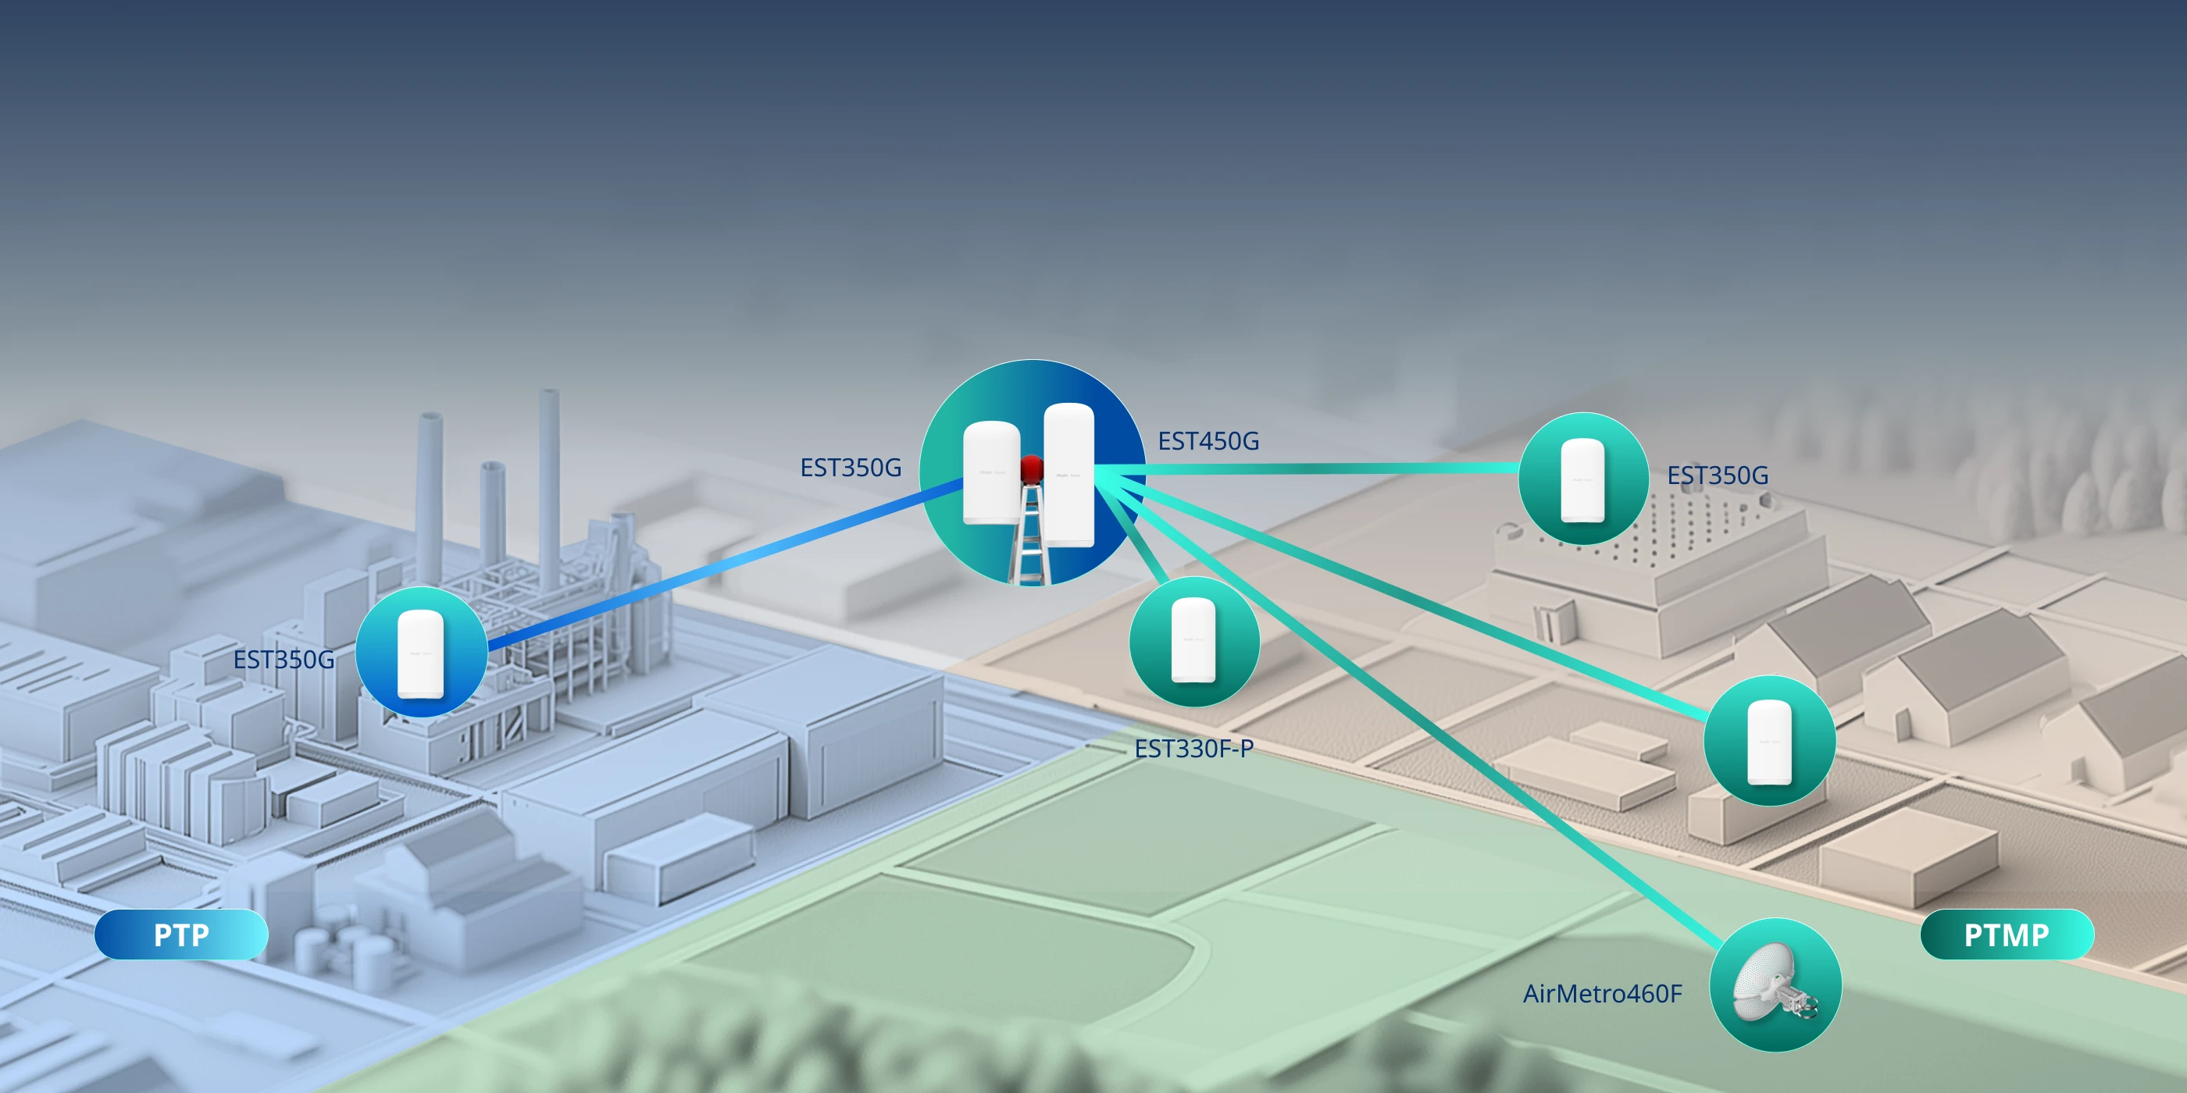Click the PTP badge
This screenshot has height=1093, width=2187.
pyautogui.click(x=181, y=935)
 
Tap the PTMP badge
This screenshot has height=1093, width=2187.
pyautogui.click(x=2006, y=935)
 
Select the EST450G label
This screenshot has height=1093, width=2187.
pyautogui.click(x=1208, y=441)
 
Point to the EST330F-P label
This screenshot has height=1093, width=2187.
pyautogui.click(x=1193, y=749)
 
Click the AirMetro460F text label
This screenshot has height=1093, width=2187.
pyautogui.click(x=1602, y=994)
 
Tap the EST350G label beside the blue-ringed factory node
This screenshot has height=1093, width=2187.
pyautogui.click(x=284, y=660)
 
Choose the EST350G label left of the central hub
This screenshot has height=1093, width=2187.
pyautogui.click(x=851, y=468)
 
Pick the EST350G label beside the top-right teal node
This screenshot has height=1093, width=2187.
pyautogui.click(x=1718, y=475)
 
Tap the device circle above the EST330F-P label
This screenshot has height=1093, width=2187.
pyautogui.click(x=1193, y=642)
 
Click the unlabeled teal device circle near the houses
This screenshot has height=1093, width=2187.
pyautogui.click(x=1769, y=742)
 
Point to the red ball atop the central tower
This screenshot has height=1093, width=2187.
pyautogui.click(x=1032, y=468)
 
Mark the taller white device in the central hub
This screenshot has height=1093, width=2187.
pyautogui.click(x=1069, y=475)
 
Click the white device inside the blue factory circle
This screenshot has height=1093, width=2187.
pyautogui.click(x=421, y=653)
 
